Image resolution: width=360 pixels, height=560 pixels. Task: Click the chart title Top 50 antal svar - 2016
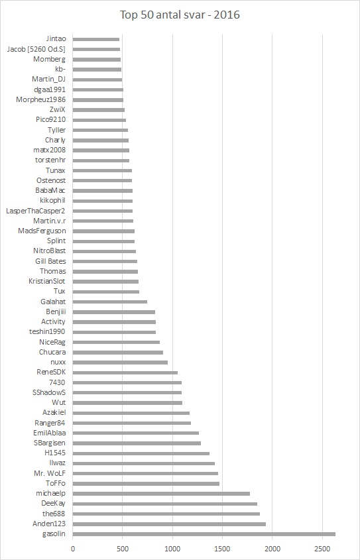[180, 15]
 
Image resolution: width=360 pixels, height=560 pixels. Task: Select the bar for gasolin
[204, 534]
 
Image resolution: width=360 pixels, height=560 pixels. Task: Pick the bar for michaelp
[161, 494]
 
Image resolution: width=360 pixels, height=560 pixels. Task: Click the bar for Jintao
[96, 39]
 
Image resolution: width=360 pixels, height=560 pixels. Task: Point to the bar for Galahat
[110, 302]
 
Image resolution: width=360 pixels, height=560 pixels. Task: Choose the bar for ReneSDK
[125, 372]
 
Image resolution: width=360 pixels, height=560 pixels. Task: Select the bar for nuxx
[120, 363]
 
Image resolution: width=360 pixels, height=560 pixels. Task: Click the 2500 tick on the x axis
[322, 548]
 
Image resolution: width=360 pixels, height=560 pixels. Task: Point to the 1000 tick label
[172, 548]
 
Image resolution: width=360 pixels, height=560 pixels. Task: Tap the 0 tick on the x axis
[73, 548]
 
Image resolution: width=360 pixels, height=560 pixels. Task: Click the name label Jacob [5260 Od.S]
[36, 49]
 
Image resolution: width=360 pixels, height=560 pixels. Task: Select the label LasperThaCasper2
[35, 211]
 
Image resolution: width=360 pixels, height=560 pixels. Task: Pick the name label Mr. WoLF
[50, 473]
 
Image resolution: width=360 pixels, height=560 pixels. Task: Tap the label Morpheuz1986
[40, 99]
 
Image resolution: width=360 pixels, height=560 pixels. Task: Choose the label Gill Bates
[50, 261]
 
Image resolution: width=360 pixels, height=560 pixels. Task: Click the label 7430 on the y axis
[58, 382]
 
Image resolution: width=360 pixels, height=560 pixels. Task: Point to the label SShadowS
[49, 392]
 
